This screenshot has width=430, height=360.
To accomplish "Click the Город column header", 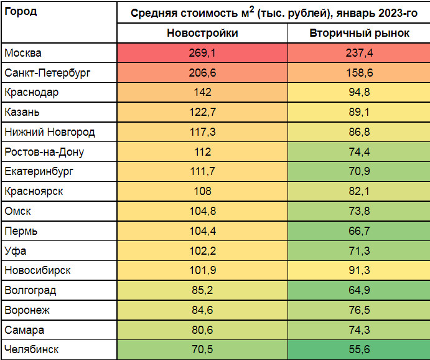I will tap(21, 12).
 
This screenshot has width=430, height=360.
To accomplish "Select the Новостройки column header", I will tap(202, 34).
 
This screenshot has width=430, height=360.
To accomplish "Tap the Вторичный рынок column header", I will tap(359, 34).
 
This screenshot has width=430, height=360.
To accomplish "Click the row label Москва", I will tap(23, 54).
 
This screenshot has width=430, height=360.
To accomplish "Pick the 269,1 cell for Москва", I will tap(202, 54).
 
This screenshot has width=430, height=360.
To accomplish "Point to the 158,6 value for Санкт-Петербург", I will tap(359, 73).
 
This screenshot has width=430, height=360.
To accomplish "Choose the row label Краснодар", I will tap(31, 93).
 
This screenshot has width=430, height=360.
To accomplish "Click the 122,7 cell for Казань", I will tap(202, 113).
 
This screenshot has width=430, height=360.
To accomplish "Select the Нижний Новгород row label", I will tap(50, 132).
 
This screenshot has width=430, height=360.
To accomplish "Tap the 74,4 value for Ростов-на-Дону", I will tap(359, 152).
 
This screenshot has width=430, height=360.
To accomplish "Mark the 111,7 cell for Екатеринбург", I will tap(202, 172).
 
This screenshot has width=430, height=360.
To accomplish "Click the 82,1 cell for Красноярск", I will tap(359, 191).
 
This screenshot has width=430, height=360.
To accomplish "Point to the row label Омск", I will tap(17, 211).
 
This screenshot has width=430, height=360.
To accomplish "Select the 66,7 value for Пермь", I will tap(359, 231).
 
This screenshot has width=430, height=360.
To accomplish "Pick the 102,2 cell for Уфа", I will tap(202, 251).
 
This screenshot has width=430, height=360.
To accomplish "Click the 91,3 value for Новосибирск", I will tap(359, 270).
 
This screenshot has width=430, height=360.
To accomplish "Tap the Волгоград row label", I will tap(30, 290).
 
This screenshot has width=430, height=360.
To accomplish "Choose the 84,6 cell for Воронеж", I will tap(202, 310).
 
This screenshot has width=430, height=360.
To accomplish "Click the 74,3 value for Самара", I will tap(359, 330).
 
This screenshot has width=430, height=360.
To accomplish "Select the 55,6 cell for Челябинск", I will tap(359, 349).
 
